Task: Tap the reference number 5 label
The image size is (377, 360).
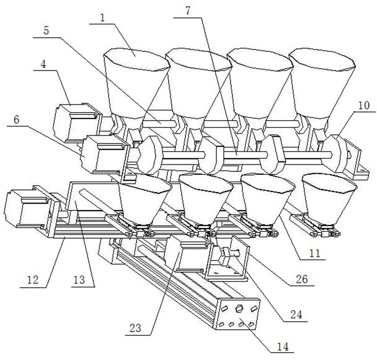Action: (46, 30)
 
